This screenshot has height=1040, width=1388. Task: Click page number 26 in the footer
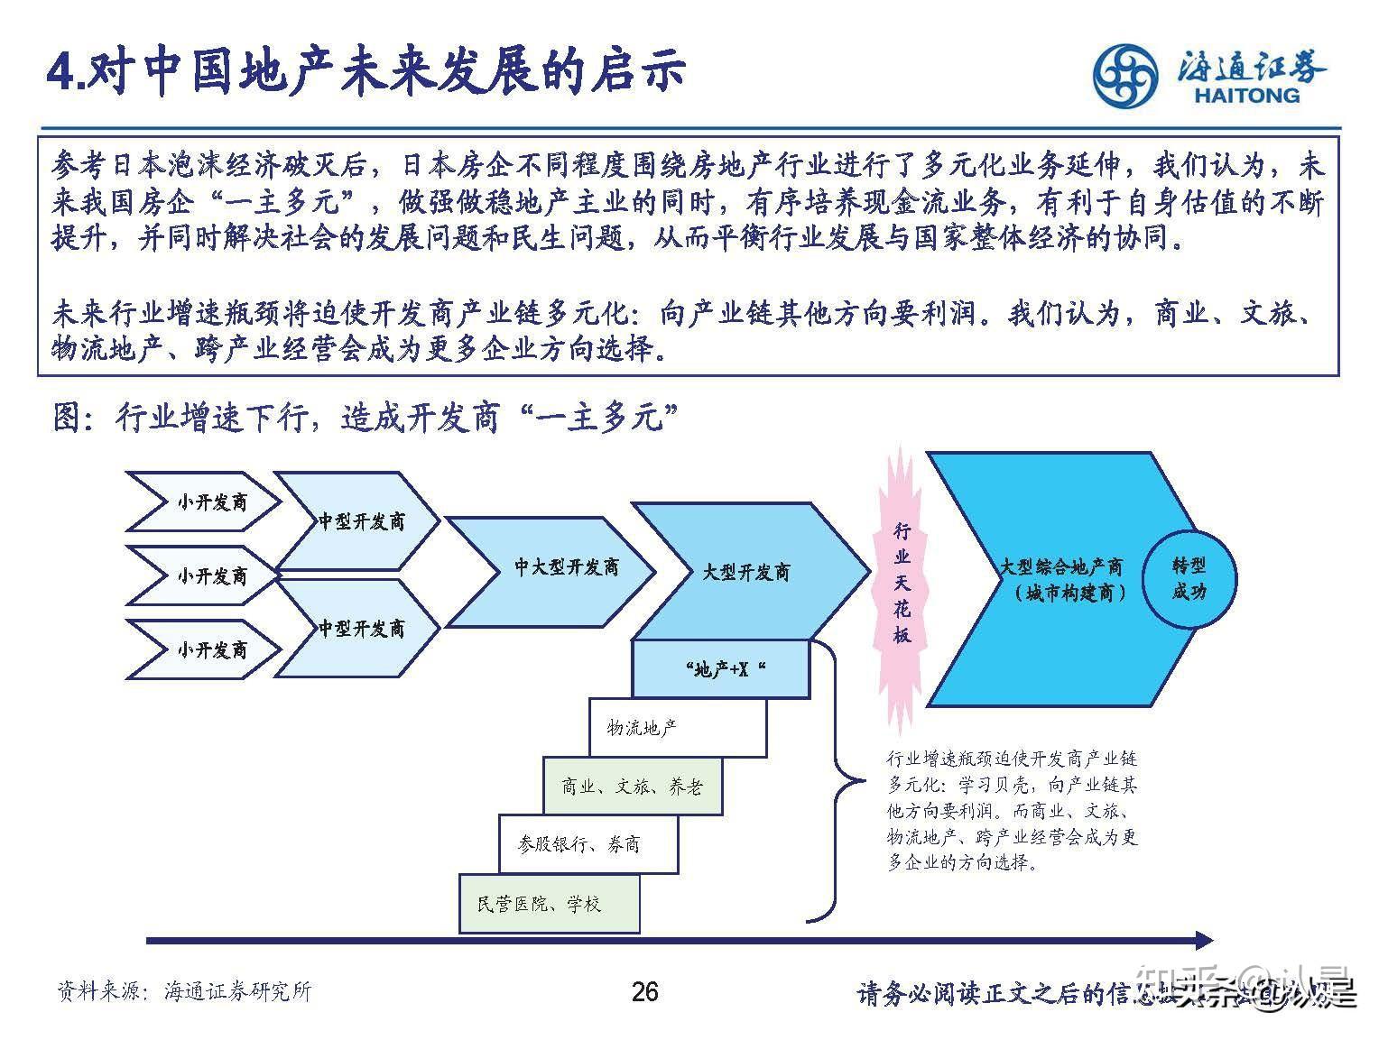[644, 992]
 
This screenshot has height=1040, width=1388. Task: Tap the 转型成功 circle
[1189, 578]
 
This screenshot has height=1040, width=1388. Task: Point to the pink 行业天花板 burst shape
[902, 582]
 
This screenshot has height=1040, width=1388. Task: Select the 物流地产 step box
[677, 727]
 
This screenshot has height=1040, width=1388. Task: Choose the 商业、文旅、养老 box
[632, 787]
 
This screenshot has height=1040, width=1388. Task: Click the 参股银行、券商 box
[588, 844]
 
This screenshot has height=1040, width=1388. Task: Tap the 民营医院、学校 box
[549, 904]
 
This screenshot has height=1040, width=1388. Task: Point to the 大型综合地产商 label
[1060, 567]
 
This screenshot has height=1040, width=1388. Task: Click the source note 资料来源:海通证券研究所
[184, 991]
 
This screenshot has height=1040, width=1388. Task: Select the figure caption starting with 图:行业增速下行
[366, 418]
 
